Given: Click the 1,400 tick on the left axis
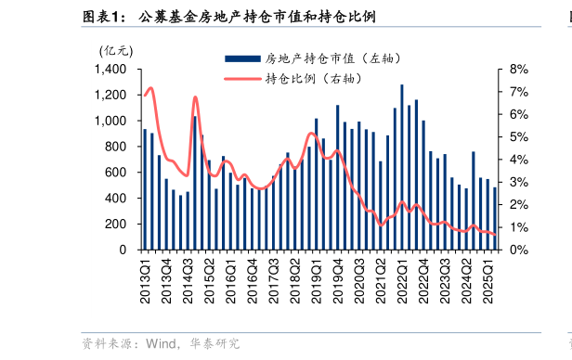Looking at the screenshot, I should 111,70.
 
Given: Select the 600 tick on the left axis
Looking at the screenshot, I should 117,173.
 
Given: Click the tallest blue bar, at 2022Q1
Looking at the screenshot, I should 402,167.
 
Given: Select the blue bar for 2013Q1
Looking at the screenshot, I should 145,189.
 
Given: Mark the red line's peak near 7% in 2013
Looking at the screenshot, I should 150,88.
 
